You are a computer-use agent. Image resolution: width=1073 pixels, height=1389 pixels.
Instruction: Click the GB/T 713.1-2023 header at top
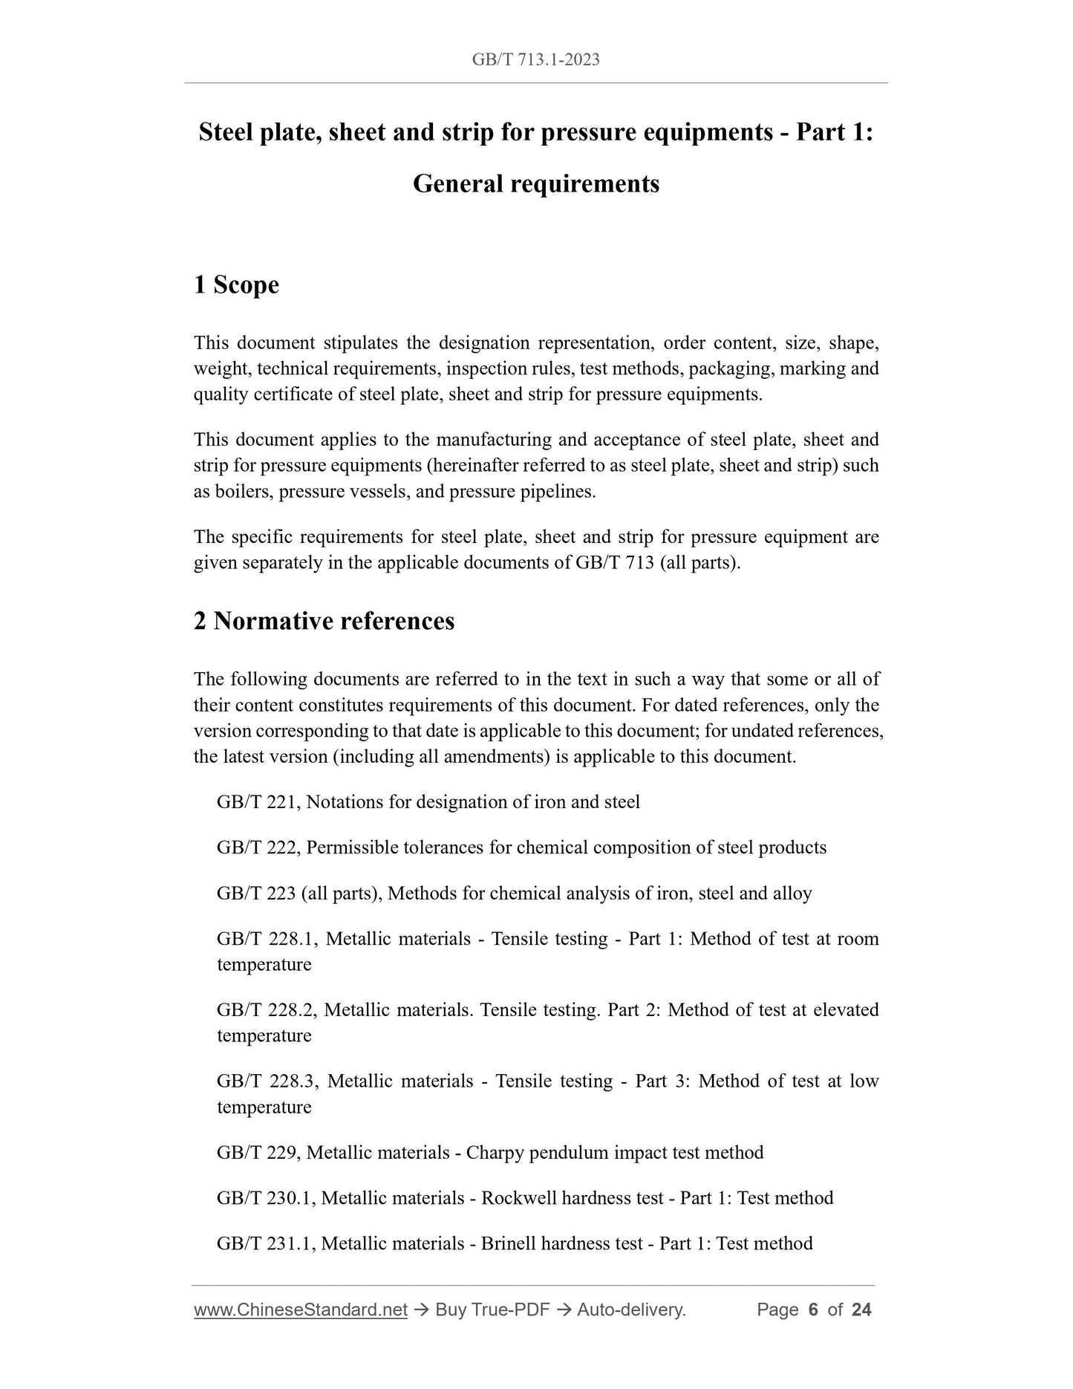coord(535,59)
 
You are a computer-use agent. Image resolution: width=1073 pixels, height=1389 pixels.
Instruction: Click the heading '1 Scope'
coord(236,284)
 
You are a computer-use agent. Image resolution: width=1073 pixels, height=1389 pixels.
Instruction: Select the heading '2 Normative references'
coord(324,620)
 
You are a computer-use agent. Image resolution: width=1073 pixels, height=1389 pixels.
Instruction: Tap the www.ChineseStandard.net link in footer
coord(300,1310)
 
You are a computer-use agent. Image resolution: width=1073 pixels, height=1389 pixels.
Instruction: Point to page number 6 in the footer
coord(812,1310)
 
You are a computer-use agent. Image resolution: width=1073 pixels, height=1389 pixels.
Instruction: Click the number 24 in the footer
coord(861,1310)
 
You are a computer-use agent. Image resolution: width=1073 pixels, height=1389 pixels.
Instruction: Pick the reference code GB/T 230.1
coord(266,1198)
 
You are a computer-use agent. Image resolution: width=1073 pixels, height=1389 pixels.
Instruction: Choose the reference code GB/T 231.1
coord(266,1243)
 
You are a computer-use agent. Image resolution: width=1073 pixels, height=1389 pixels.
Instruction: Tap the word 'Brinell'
coord(509,1243)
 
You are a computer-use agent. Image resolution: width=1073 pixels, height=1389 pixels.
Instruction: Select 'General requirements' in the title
coord(535,183)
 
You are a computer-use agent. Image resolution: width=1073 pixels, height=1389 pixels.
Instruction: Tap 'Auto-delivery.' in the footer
coord(631,1310)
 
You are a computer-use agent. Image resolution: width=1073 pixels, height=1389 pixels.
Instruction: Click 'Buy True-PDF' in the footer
coord(492,1310)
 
